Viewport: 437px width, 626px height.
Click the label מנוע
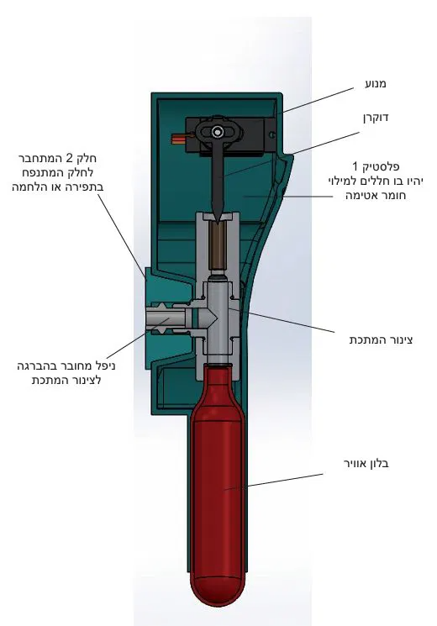[376, 84]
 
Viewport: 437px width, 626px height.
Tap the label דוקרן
[376, 118]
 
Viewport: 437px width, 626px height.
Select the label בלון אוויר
[366, 464]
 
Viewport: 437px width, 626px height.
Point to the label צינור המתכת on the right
[381, 339]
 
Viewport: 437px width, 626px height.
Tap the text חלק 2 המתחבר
[57, 159]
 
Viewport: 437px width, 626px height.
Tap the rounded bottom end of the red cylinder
[218, 591]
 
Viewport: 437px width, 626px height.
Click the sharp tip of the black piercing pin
[217, 221]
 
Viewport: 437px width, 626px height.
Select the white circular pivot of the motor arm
[218, 131]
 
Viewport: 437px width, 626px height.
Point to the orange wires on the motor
[178, 139]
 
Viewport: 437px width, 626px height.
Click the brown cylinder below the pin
[218, 246]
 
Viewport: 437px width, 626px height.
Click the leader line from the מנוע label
[319, 100]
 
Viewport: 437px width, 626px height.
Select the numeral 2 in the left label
[69, 159]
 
